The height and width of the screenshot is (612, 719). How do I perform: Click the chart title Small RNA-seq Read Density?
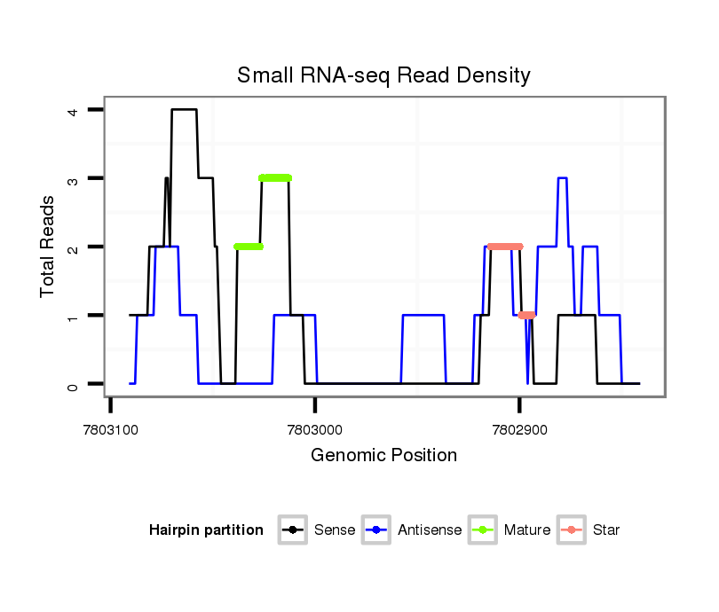383,75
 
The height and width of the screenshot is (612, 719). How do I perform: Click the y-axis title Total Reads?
48,246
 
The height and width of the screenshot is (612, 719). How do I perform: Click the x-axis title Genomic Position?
383,456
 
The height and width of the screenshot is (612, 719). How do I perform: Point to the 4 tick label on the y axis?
74,110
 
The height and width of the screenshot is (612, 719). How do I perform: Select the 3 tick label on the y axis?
74,178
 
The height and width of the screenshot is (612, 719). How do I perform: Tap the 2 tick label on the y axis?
74,247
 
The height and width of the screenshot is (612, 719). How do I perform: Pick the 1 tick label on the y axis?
74,316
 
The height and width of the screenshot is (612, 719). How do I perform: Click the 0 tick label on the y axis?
74,384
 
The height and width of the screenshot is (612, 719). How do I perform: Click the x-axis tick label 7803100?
110,429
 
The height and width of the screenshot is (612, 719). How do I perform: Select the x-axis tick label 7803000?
315,429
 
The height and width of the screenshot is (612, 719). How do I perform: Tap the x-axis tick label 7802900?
519,429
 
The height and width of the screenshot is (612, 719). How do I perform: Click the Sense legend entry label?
335,530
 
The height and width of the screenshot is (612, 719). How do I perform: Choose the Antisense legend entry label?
430,530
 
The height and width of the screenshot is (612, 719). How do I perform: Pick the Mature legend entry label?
527,530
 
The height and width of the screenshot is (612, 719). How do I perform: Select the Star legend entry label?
605,530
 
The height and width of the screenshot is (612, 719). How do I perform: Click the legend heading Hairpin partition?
206,530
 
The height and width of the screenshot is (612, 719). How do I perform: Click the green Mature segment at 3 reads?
275,178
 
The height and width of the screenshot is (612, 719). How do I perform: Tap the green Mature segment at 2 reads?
249,247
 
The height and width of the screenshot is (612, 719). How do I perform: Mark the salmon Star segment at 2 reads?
505,247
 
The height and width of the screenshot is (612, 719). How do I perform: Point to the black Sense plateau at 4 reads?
184,110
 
